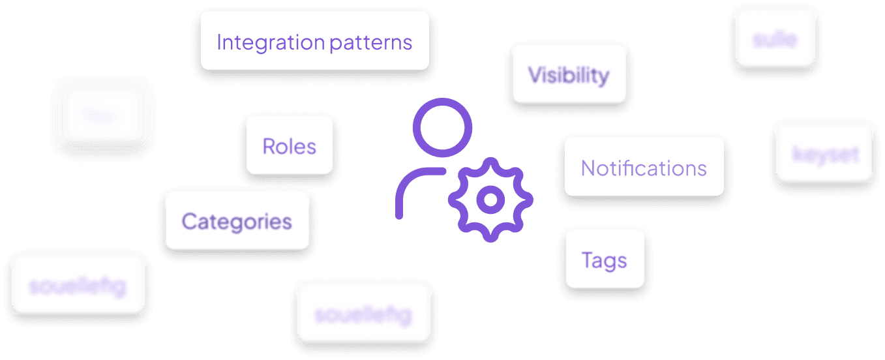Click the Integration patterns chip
[314, 40]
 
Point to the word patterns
[371, 44]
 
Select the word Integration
[271, 43]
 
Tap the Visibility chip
[569, 73]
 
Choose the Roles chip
[289, 145]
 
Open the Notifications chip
[644, 167]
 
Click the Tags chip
[605, 259]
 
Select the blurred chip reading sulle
[775, 37]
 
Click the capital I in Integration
[219, 43]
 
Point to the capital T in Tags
[586, 260]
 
